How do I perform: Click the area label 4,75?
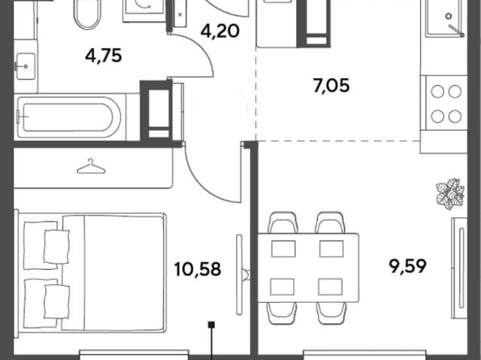coord(104,56)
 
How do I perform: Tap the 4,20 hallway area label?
coord(220,31)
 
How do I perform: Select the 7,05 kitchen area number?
coord(331,86)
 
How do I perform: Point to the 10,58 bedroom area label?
coord(198,269)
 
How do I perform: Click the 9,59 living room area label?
coord(407,266)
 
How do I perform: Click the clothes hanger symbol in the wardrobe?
coord(91,166)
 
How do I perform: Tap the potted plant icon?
coord(450,194)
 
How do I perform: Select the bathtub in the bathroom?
coord(69,116)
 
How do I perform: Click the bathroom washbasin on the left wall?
coord(26,66)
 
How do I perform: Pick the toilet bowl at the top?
coord(87,14)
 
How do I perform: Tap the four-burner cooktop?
coord(446,104)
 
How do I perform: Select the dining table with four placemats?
coord(308,268)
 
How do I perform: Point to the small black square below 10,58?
coord(211,325)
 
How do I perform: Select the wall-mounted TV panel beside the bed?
coord(239,274)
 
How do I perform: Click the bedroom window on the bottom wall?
coord(134,355)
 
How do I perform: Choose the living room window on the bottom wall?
coord(365,355)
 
